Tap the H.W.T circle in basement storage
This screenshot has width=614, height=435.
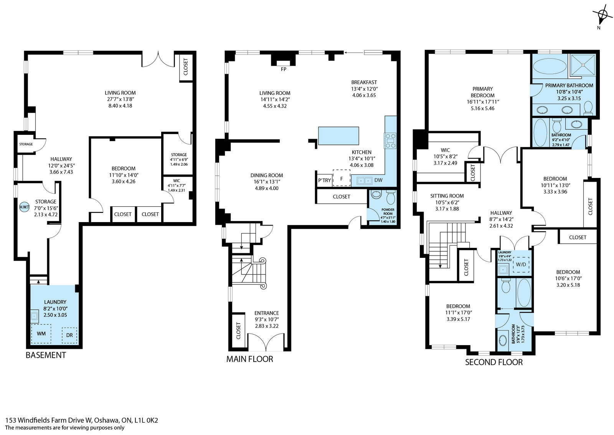[25, 207]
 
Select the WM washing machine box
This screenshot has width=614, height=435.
[41, 334]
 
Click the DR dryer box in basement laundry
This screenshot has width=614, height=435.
[69, 335]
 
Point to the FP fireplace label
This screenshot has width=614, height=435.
[284, 70]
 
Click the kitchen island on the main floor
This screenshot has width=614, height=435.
[338, 136]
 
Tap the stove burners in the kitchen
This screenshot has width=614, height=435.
[390, 141]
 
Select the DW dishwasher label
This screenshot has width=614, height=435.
[378, 180]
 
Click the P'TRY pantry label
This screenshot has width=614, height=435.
[324, 180]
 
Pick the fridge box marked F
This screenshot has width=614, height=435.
[342, 178]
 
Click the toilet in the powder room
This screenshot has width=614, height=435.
[390, 197]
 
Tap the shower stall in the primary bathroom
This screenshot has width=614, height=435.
[583, 65]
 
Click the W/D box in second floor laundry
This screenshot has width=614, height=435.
[521, 264]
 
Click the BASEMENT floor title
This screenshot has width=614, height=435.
[46, 355]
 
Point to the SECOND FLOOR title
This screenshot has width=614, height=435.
[494, 362]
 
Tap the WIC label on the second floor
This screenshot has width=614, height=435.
[445, 150]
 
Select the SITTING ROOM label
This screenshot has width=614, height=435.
[447, 196]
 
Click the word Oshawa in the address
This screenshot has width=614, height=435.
[107, 420]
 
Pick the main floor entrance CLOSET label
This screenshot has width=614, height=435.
[238, 331]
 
